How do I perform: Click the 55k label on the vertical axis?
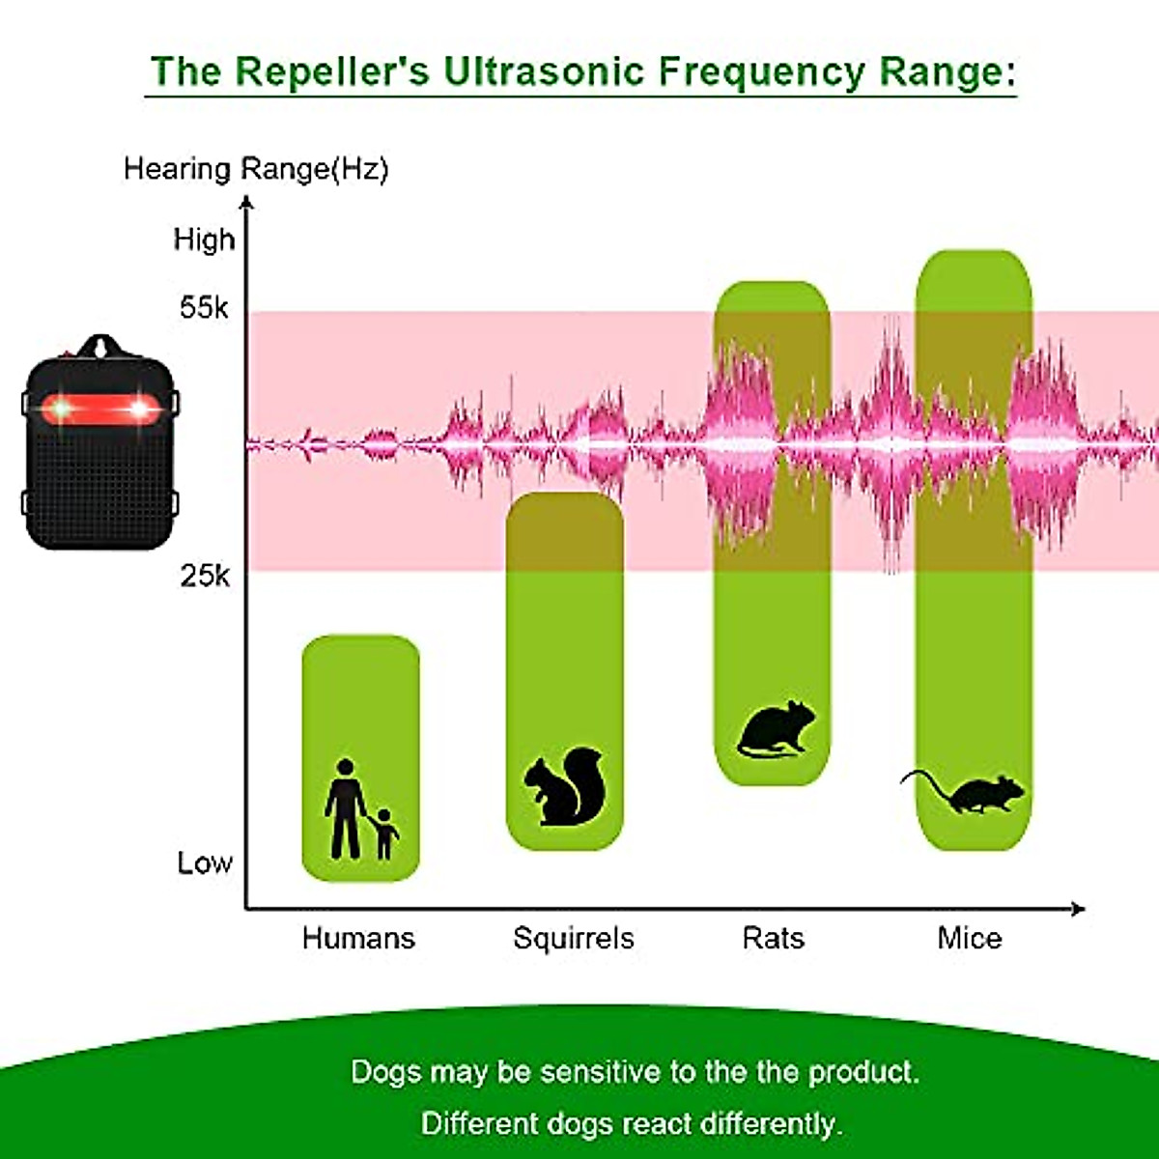[204, 308]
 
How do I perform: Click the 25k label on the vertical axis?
[205, 576]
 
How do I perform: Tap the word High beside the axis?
[204, 240]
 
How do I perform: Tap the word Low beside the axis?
[205, 862]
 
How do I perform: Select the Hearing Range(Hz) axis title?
[256, 169]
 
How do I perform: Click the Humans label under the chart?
[358, 938]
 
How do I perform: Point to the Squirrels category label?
[573, 938]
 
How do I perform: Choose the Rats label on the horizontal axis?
[773, 938]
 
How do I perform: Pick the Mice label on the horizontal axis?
[969, 938]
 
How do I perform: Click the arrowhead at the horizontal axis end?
[1078, 908]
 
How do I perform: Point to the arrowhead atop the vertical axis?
[247, 202]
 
